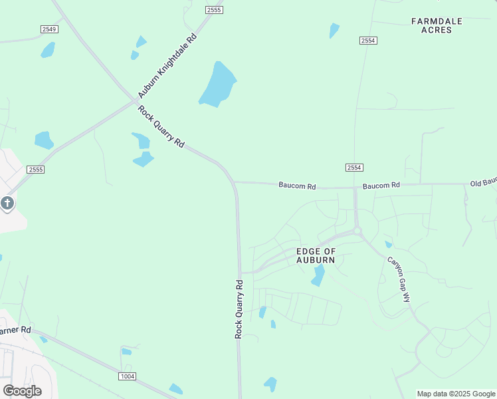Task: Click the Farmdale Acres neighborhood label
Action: (436, 25)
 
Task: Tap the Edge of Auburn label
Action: (316, 255)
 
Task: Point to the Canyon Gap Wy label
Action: (399, 279)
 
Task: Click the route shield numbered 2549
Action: (49, 29)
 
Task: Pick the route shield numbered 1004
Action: (128, 376)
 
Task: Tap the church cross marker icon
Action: (7, 203)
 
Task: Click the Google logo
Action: (22, 391)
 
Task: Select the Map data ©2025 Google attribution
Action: (456, 394)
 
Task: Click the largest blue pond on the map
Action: (218, 84)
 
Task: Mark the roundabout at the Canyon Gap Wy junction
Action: (357, 231)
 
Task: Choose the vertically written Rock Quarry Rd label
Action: (239, 309)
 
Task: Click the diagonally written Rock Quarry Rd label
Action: (161, 126)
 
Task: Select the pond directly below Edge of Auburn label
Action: (318, 275)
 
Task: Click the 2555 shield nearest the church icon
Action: (36, 170)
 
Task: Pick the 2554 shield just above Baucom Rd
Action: (354, 168)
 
